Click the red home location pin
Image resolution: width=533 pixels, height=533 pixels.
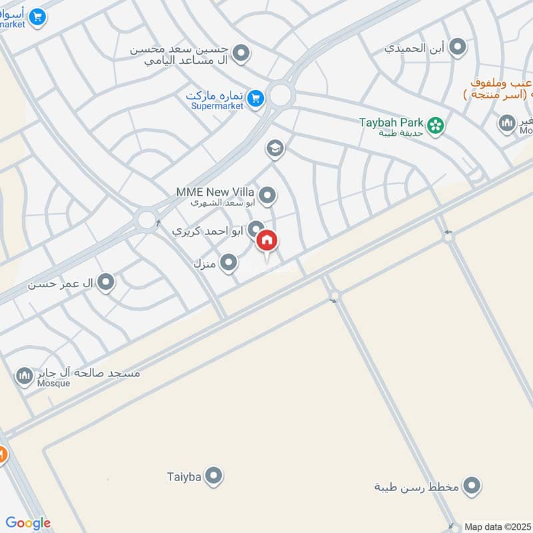[x=266, y=241]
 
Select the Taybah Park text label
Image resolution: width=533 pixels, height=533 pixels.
[x=392, y=122]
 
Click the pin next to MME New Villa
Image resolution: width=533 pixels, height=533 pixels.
[x=267, y=195]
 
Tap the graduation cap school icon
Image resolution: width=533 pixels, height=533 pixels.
[x=274, y=149]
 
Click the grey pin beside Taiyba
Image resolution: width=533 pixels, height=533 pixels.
[x=214, y=476]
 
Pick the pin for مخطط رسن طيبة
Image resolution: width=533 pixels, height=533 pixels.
[x=472, y=486]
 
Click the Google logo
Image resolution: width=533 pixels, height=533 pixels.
[x=28, y=523]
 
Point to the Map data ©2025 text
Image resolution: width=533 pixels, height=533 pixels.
[x=496, y=527]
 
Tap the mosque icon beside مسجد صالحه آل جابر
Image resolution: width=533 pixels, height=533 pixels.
[x=25, y=377]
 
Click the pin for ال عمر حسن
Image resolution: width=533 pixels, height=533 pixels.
[x=105, y=284]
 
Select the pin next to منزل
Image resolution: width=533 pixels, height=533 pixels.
[x=229, y=263]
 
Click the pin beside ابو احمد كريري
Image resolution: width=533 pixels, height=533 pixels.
[x=256, y=230]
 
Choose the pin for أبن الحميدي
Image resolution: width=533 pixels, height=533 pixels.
[x=457, y=47]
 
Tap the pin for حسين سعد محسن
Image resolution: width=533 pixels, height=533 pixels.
[x=241, y=53]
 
